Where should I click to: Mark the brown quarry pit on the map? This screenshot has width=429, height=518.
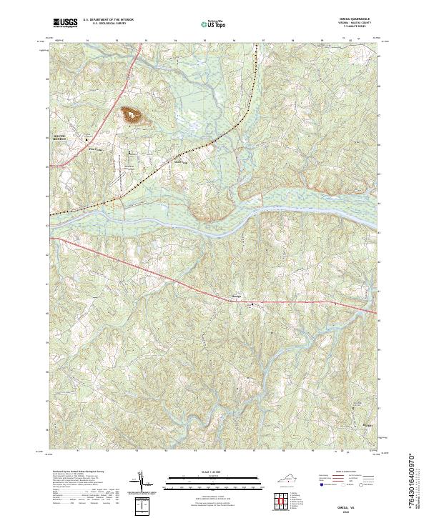coord(132,114)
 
